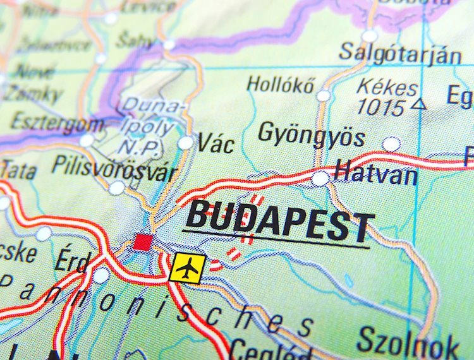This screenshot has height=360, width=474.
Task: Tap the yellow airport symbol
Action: (x=188, y=268)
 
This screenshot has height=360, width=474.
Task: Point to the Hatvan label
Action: (x=376, y=172)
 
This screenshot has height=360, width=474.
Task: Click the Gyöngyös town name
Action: (x=312, y=135)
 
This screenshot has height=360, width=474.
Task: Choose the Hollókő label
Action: (x=280, y=84)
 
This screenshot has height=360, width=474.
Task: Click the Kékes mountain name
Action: (x=387, y=88)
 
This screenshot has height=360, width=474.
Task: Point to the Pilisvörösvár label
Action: (x=104, y=165)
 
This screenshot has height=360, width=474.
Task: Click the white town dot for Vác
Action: (x=185, y=143)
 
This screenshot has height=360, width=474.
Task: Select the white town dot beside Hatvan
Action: (x=320, y=178)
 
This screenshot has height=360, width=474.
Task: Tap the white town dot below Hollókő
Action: (x=324, y=95)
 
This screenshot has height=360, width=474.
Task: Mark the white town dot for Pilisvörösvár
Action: (x=117, y=188)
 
